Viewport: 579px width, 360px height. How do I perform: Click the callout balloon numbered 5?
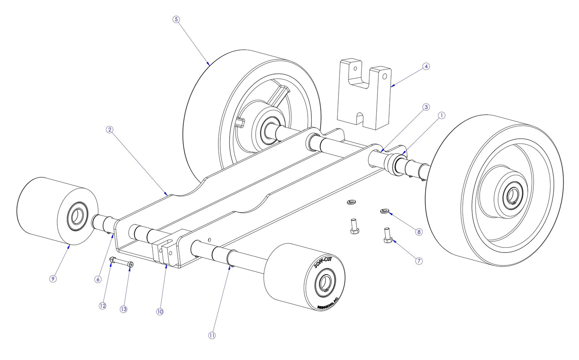coord(176,19)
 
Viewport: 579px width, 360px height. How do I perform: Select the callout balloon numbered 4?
coord(426,66)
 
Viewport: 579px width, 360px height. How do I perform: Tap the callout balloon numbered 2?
coord(109,130)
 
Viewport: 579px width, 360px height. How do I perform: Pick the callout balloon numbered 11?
coord(212,335)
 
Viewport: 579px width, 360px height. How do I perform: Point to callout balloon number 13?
coord(123,309)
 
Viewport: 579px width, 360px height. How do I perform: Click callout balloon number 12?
coord(103,305)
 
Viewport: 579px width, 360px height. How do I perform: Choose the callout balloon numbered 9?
coord(53,279)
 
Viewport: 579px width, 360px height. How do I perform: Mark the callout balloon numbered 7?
coord(419,261)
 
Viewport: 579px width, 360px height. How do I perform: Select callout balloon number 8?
coord(419,232)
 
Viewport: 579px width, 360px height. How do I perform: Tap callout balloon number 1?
coord(441,115)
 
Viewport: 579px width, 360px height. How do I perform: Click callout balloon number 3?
coord(426,107)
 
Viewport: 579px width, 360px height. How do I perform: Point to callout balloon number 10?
coord(160,311)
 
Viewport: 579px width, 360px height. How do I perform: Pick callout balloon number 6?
coord(98,279)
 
